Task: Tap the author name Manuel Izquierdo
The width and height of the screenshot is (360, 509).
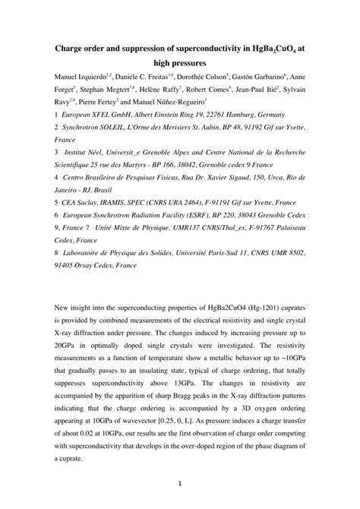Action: [x=77, y=77]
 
